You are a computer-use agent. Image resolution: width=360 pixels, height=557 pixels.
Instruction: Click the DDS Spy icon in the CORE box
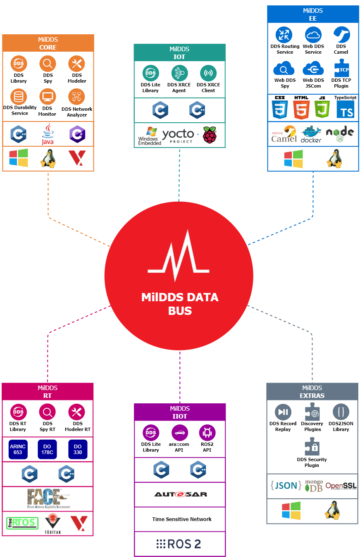pos(48,64)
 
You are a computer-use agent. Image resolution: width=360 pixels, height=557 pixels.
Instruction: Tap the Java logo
pos(48,133)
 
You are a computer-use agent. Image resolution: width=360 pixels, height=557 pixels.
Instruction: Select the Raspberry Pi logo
pos(210,135)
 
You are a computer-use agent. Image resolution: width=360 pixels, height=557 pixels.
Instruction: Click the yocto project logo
pos(178,135)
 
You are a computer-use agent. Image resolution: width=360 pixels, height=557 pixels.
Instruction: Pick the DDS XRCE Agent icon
pos(179,73)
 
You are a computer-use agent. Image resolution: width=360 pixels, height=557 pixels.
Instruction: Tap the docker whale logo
pos(311,134)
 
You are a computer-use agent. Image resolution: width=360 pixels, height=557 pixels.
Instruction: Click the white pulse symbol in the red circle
pos(179,257)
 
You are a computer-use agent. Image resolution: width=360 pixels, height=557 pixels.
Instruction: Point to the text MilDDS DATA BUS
pos(180,304)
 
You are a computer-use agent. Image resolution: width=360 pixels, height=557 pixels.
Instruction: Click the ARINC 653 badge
pos(18,450)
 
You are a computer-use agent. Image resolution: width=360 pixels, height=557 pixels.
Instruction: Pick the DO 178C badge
pos(48,450)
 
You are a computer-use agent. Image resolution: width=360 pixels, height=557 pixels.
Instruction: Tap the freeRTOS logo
pos(22,523)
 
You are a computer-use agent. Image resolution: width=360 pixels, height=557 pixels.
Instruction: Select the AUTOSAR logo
pos(181,494)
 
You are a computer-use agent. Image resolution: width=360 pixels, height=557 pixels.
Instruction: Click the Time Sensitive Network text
pos(181,519)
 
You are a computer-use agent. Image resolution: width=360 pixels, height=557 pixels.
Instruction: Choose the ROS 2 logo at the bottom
pos(179,544)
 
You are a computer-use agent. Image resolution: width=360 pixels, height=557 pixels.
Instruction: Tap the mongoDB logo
pos(314,486)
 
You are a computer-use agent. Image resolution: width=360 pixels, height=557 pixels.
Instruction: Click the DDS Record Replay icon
pos(283,412)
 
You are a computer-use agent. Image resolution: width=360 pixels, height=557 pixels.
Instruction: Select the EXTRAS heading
pos(312,395)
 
